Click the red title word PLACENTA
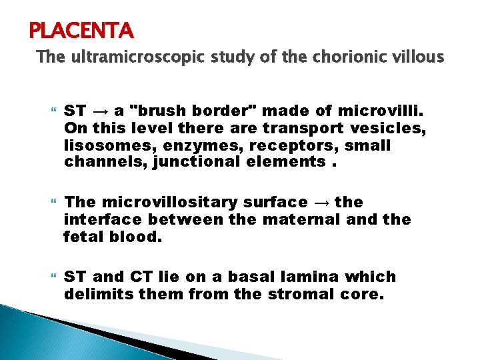[81, 29]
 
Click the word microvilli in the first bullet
[378, 110]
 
